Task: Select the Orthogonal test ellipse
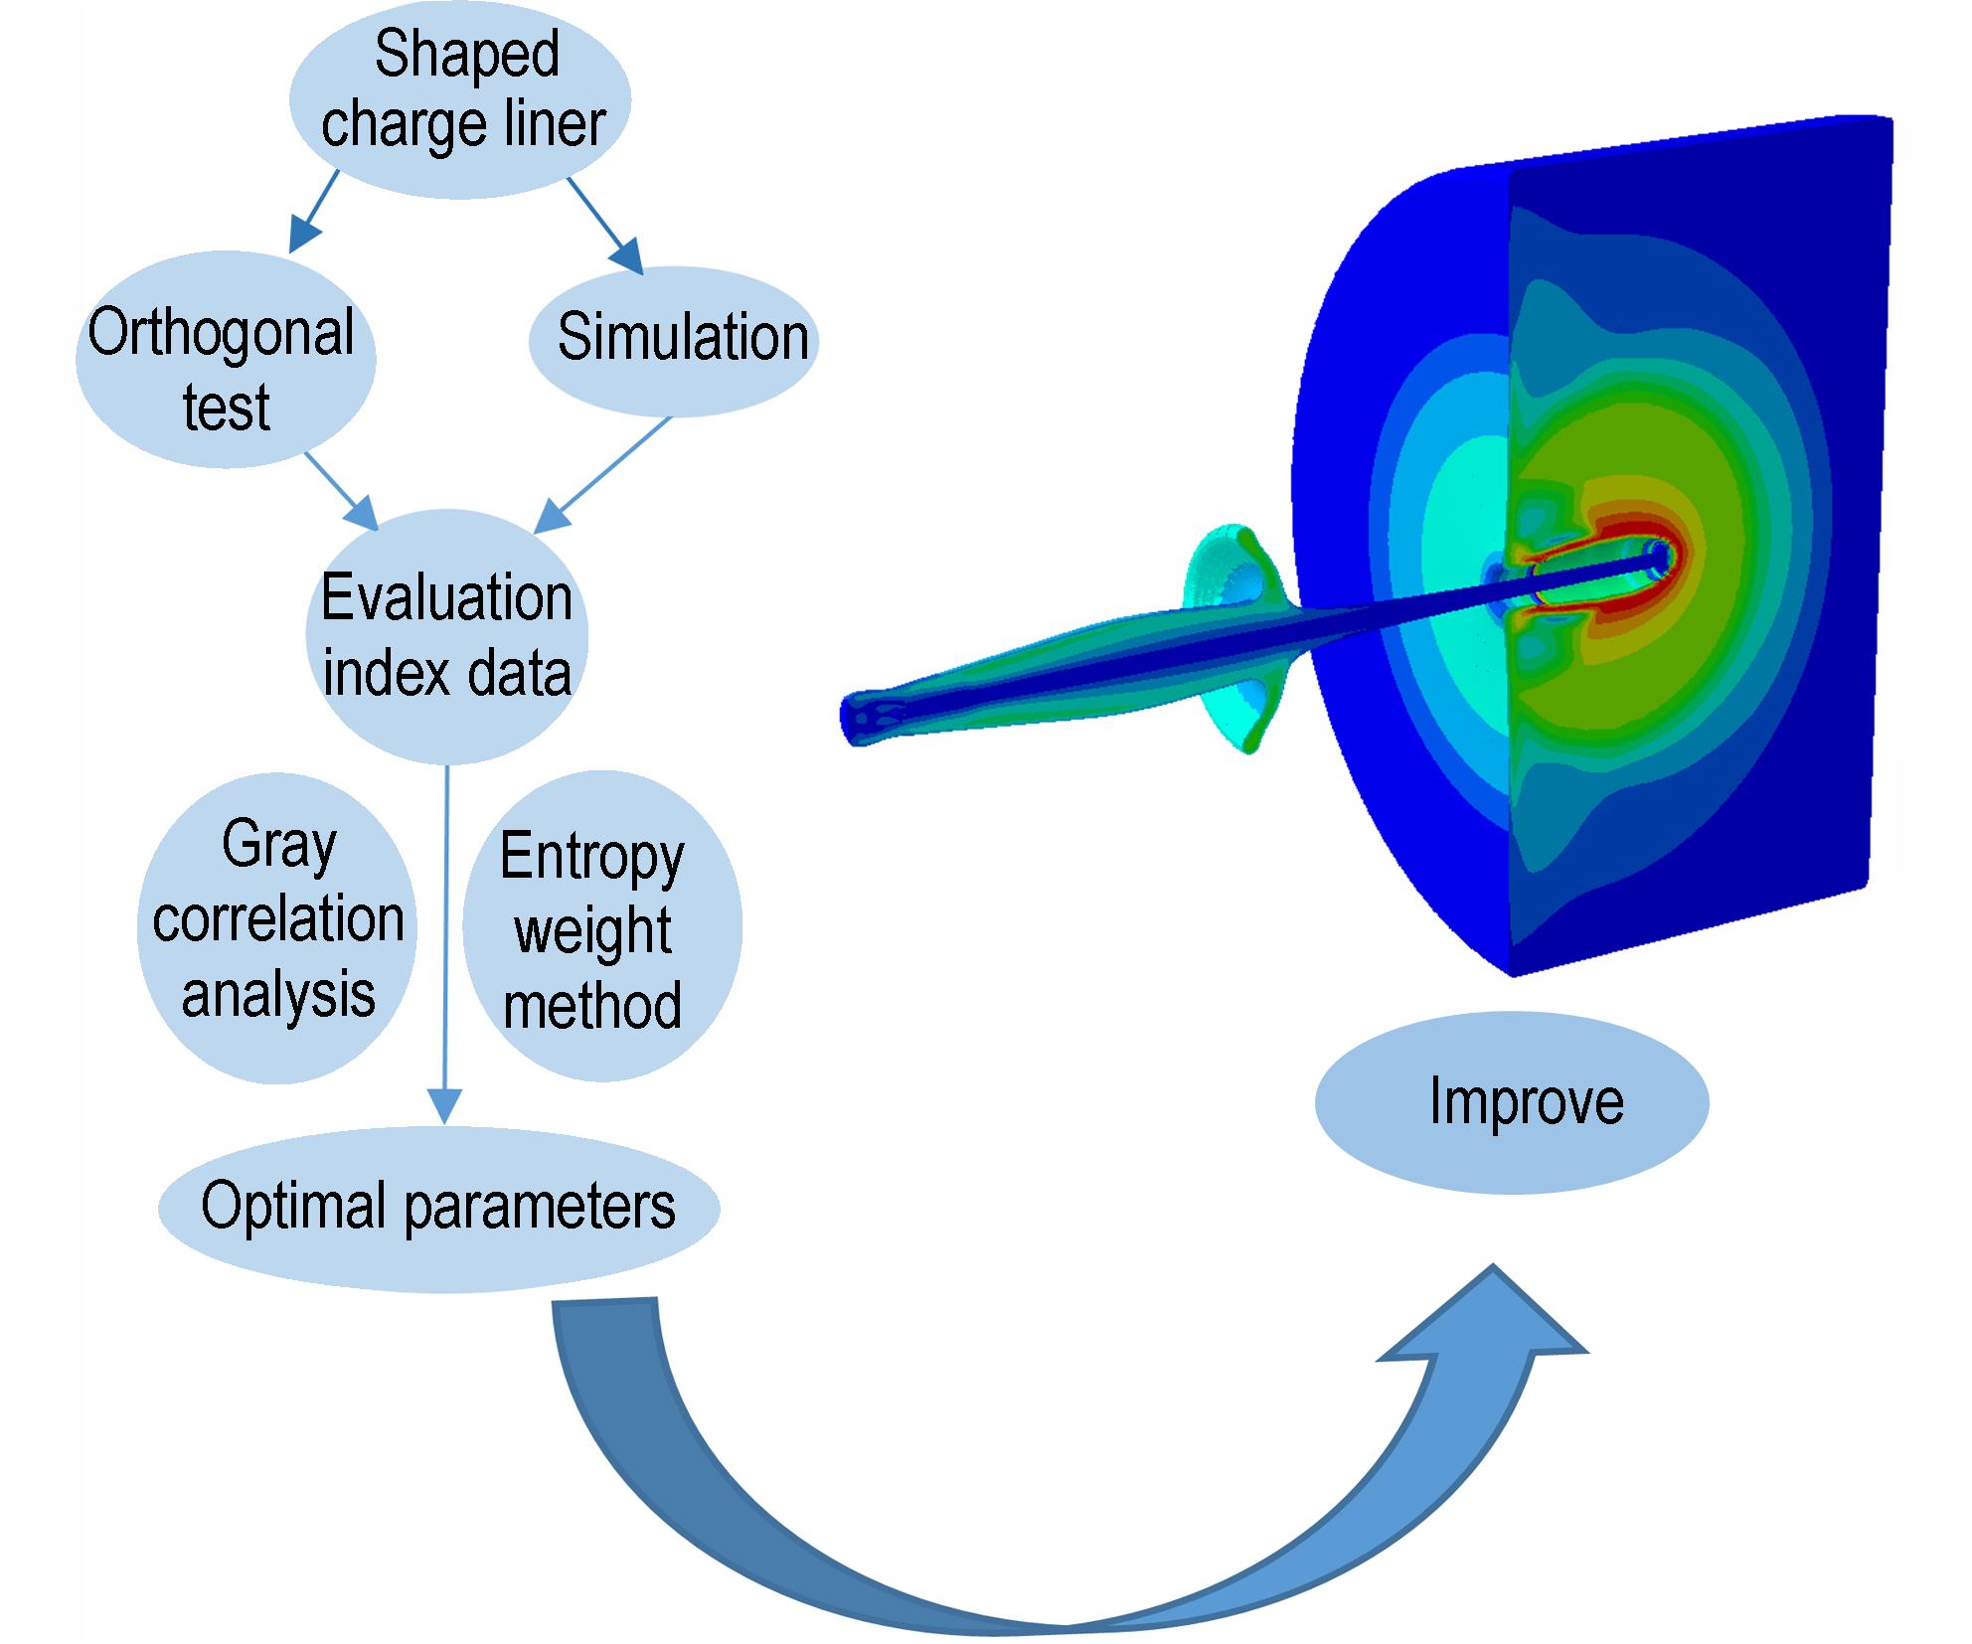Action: click(x=226, y=358)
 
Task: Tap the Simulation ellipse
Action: click(x=673, y=340)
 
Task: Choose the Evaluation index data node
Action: click(x=446, y=636)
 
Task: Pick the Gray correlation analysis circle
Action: click(x=277, y=928)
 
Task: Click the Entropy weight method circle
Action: click(x=602, y=926)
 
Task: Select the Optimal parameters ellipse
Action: click(x=438, y=1209)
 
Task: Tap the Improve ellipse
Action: click(x=1512, y=1102)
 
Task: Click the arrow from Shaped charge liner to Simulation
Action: click(x=605, y=226)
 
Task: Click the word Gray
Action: click(x=279, y=847)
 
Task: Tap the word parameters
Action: click(x=541, y=1209)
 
